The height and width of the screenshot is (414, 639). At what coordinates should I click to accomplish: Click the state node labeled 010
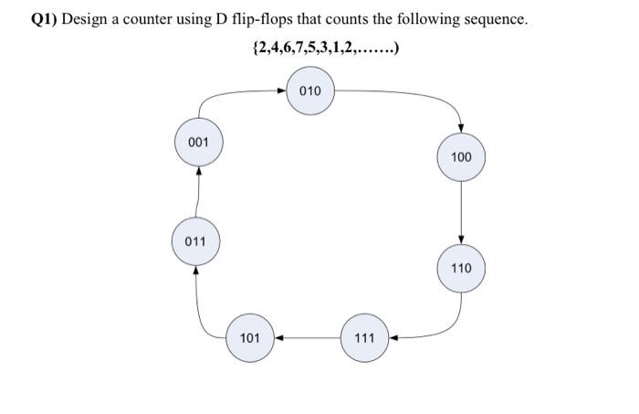click(x=310, y=92)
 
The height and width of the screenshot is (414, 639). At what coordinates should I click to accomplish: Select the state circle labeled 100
click(x=461, y=157)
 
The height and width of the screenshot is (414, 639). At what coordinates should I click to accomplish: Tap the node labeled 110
click(x=461, y=269)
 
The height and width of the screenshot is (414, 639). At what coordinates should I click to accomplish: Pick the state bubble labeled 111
click(x=363, y=338)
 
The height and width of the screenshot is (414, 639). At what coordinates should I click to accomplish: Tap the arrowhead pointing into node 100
click(x=461, y=129)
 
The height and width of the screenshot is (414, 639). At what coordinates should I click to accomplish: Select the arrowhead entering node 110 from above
click(x=461, y=240)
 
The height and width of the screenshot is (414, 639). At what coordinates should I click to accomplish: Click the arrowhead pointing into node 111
click(x=393, y=338)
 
